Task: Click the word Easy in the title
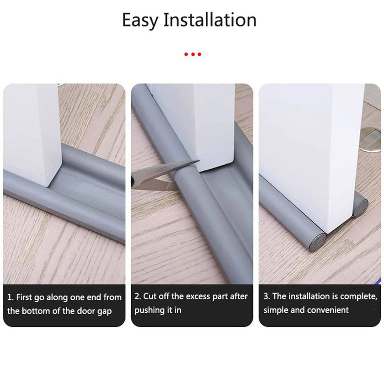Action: point(140,21)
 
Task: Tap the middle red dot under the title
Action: point(192,54)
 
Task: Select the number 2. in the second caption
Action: point(138,296)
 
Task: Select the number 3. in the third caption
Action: point(267,296)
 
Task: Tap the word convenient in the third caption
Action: point(327,310)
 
